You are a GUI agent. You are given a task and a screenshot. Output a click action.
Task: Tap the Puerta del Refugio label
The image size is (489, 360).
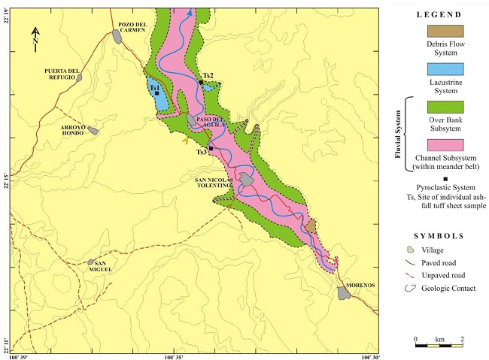pos(61,73)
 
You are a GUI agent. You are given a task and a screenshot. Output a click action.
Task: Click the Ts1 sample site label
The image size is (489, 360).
pos(155,88)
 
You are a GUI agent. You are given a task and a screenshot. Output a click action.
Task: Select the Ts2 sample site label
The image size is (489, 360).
pos(208,76)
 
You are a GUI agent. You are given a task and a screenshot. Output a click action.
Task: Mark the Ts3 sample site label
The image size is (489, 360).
pos(202,152)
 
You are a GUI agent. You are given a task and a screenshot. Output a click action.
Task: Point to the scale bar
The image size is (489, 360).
pos(439,345)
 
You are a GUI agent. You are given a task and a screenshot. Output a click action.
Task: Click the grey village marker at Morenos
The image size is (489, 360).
pos(345,292)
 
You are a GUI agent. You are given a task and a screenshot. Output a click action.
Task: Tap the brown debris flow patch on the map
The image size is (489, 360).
pos(309,225)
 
